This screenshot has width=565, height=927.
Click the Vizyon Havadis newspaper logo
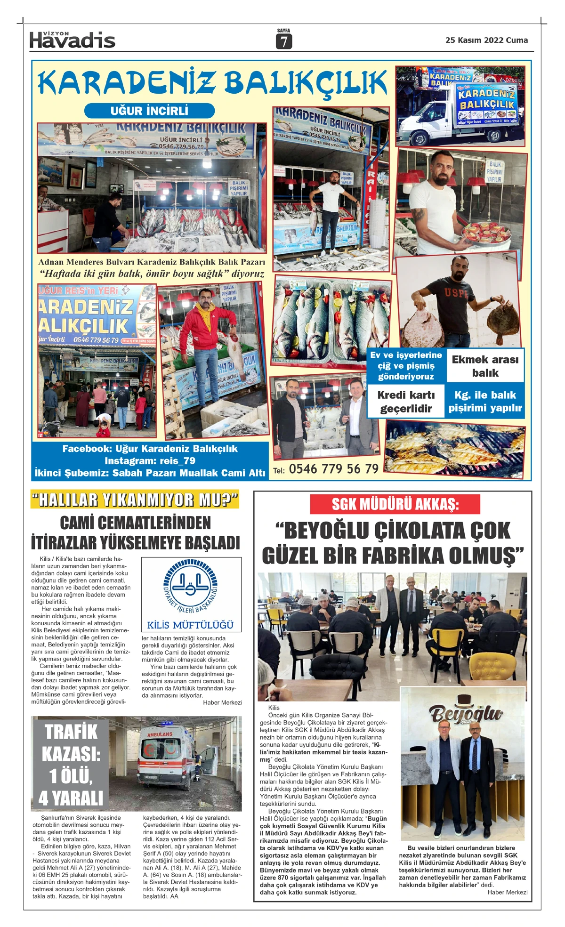pyautogui.click(x=72, y=40)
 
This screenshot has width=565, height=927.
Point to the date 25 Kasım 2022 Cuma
pyautogui.click(x=486, y=40)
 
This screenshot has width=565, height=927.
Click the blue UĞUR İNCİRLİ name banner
pyautogui.click(x=149, y=111)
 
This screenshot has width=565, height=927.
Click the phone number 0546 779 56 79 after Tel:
pyautogui.click(x=333, y=469)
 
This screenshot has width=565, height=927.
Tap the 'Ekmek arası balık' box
pyautogui.click(x=485, y=366)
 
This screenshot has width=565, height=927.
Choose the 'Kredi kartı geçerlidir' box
pyautogui.click(x=406, y=402)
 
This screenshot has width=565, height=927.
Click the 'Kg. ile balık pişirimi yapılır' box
pyautogui.click(x=485, y=402)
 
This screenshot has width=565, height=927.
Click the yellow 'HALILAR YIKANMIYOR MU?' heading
pyautogui.click(x=135, y=500)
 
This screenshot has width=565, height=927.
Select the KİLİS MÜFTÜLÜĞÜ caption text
pyautogui.click(x=191, y=625)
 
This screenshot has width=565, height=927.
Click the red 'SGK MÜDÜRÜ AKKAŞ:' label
pyautogui.click(x=395, y=504)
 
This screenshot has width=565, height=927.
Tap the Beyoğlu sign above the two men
pyautogui.click(x=466, y=713)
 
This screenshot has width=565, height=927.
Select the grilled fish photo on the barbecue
pyautogui.click(x=455, y=448)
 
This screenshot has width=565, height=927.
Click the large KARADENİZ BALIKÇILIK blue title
pyautogui.click(x=212, y=83)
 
